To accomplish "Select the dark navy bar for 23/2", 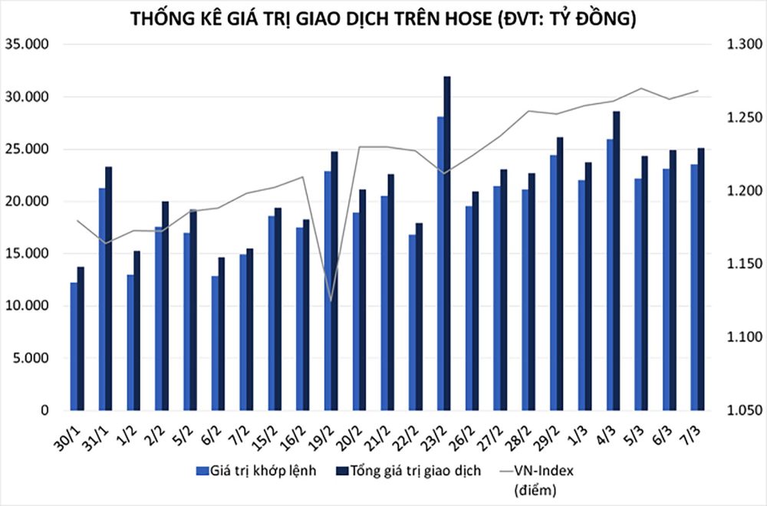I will (447, 245).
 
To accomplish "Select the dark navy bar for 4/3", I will (616, 261).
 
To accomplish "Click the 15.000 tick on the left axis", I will (28, 254).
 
